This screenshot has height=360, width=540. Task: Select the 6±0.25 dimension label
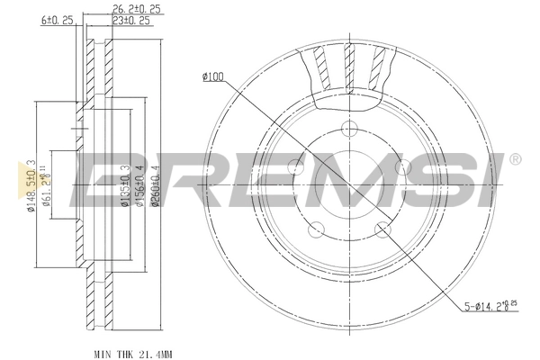tap(57, 20)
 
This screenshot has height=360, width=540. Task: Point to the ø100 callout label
tap(212, 76)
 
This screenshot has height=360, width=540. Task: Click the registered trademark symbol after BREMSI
tap(515, 159)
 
